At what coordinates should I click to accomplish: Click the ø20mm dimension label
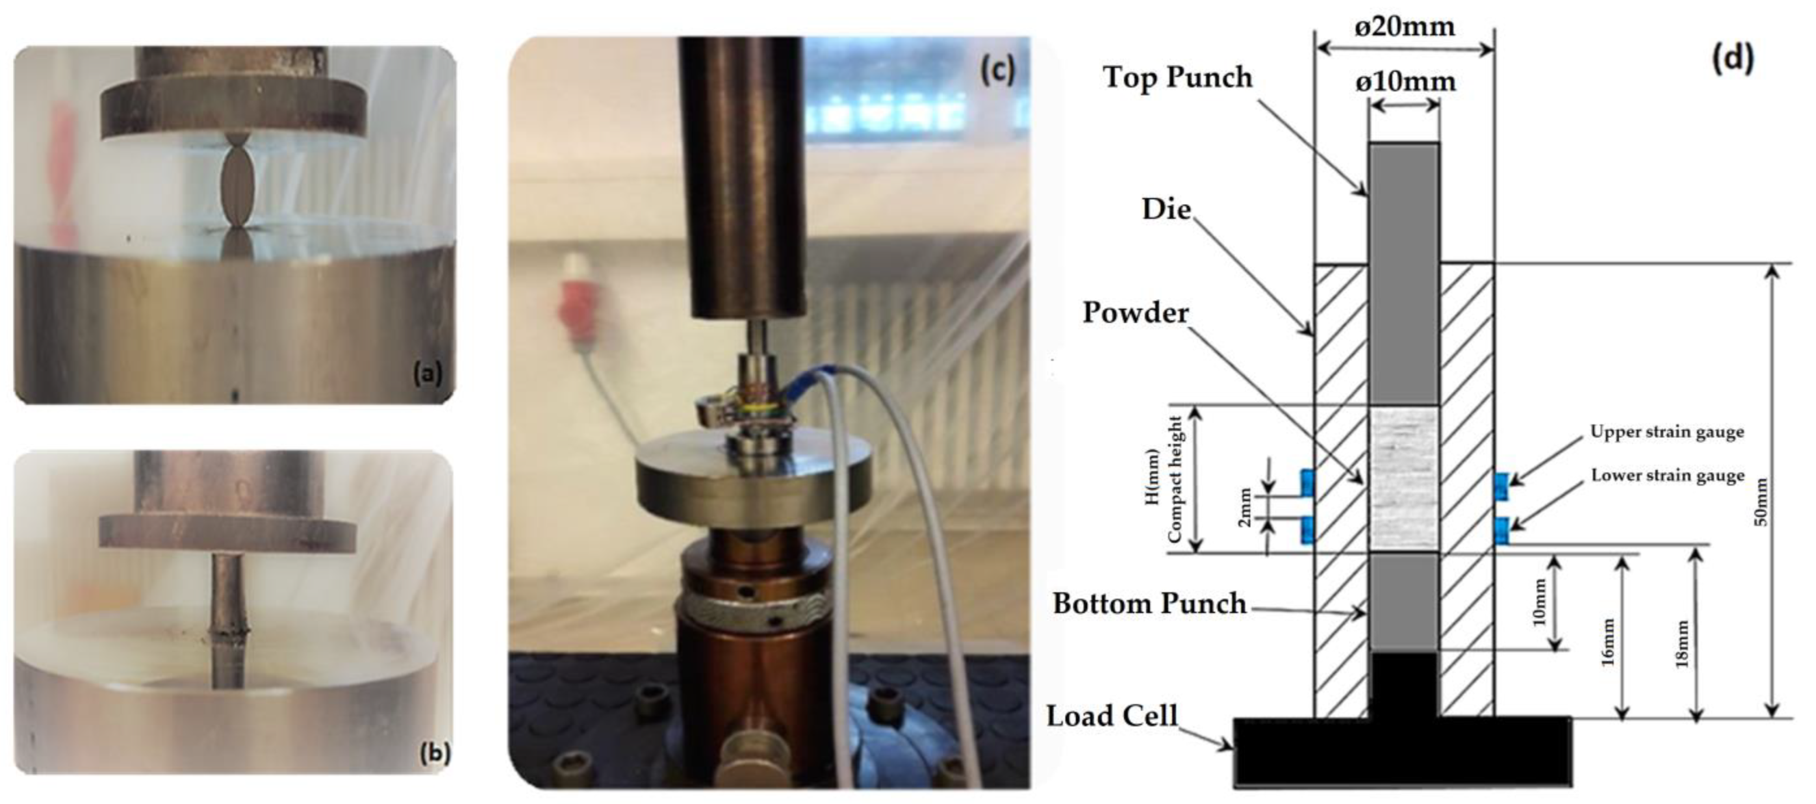pos(1405,27)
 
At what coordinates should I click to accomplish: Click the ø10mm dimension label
pos(1405,82)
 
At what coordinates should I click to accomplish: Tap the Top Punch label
pos(1177,77)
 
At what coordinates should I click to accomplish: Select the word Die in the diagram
pos(1167,209)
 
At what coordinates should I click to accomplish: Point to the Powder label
pos(1136,313)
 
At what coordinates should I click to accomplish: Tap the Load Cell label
pos(1112,716)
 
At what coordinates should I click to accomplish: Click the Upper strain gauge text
pos(1666,432)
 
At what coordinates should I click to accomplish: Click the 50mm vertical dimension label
pos(1760,502)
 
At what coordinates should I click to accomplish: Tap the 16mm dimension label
pos(1607,642)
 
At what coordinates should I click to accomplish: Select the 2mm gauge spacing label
pos(1245,507)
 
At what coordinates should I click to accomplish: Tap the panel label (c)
pos(997,70)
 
